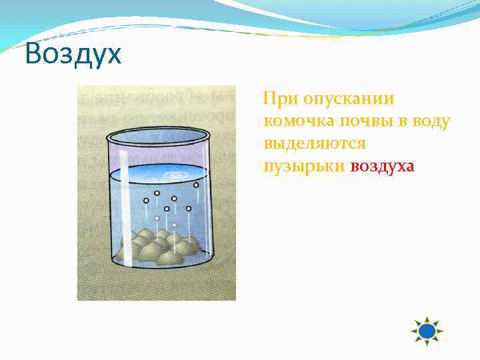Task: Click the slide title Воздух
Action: tap(73, 54)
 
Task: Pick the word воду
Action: tap(432, 121)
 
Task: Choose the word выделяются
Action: tap(314, 144)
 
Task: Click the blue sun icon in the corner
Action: tap(427, 331)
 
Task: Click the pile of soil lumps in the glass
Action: tap(158, 247)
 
